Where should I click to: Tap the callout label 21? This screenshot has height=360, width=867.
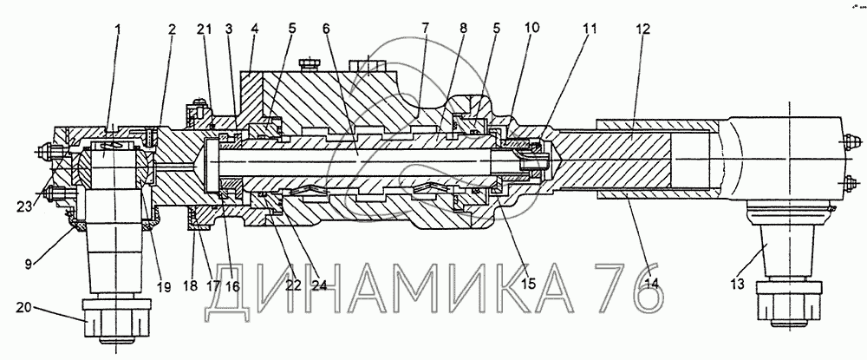point(205,29)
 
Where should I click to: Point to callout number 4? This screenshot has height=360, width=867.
point(254,29)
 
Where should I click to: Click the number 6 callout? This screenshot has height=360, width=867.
point(326,29)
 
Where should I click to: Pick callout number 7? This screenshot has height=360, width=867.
point(426,29)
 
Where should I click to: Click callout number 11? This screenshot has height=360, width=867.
point(589,29)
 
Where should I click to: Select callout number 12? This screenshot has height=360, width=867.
point(641,29)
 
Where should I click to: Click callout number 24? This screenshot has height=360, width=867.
point(320,284)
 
